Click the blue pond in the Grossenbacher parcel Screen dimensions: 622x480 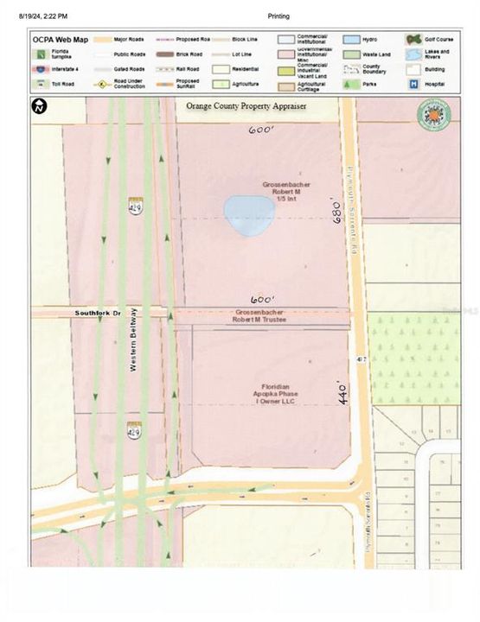click(246, 217)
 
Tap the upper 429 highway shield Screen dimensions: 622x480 click(136, 206)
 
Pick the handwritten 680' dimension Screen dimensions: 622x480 click(339, 210)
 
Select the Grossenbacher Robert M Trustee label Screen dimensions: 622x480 click(260, 316)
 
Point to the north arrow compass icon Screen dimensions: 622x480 click(40, 108)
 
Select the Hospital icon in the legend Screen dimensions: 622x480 click(413, 84)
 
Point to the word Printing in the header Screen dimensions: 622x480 click(278, 16)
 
